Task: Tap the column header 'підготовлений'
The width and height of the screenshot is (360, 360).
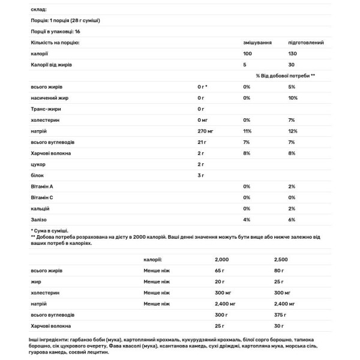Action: click(x=307, y=43)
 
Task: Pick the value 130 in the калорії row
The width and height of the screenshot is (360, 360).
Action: click(x=293, y=54)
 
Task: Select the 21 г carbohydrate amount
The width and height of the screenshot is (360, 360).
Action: click(x=202, y=142)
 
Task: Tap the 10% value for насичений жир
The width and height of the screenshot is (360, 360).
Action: click(x=293, y=98)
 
